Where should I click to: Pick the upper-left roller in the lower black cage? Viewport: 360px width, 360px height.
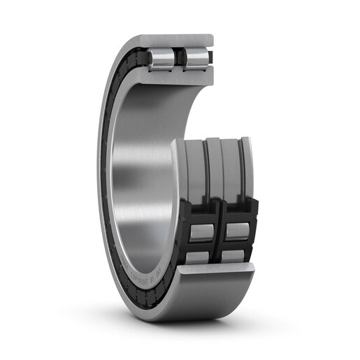tap(202, 231)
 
